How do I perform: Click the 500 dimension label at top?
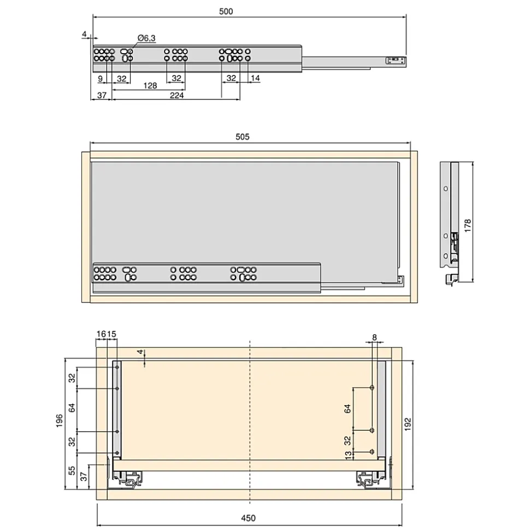point(226,11)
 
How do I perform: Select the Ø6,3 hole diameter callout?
point(146,38)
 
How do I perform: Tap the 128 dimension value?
point(150,85)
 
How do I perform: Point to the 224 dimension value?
point(176,95)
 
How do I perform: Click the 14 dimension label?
point(255,78)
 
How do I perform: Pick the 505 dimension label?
point(242,137)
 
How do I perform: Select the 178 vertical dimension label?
point(467,225)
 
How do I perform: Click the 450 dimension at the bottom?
point(249,518)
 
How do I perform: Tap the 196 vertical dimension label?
point(59,421)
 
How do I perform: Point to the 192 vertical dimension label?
point(408,424)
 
